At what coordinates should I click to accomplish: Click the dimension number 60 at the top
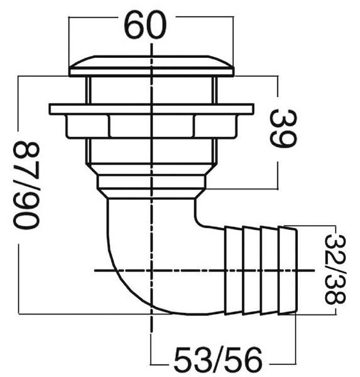pos(145,25)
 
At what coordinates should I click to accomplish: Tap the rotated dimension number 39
pos(283,129)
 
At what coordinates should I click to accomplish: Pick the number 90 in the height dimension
pos(26,212)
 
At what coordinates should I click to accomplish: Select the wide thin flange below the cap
pos(151,109)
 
